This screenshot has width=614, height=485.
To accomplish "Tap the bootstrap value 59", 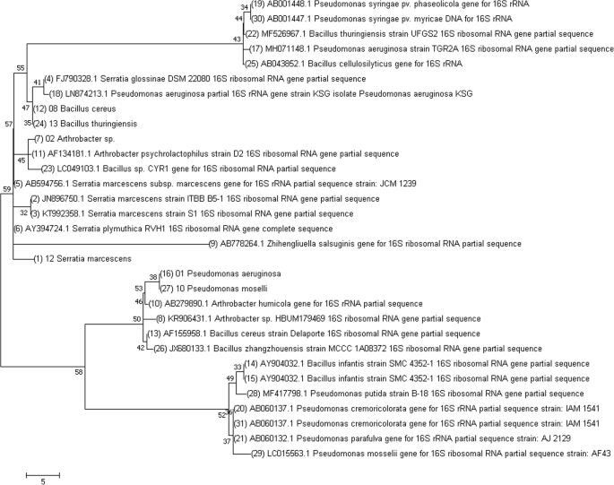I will [6, 188].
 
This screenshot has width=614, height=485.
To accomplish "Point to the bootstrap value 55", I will [21, 67].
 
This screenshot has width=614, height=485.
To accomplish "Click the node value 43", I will [237, 39].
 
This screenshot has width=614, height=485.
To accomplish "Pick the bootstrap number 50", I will [136, 318].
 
